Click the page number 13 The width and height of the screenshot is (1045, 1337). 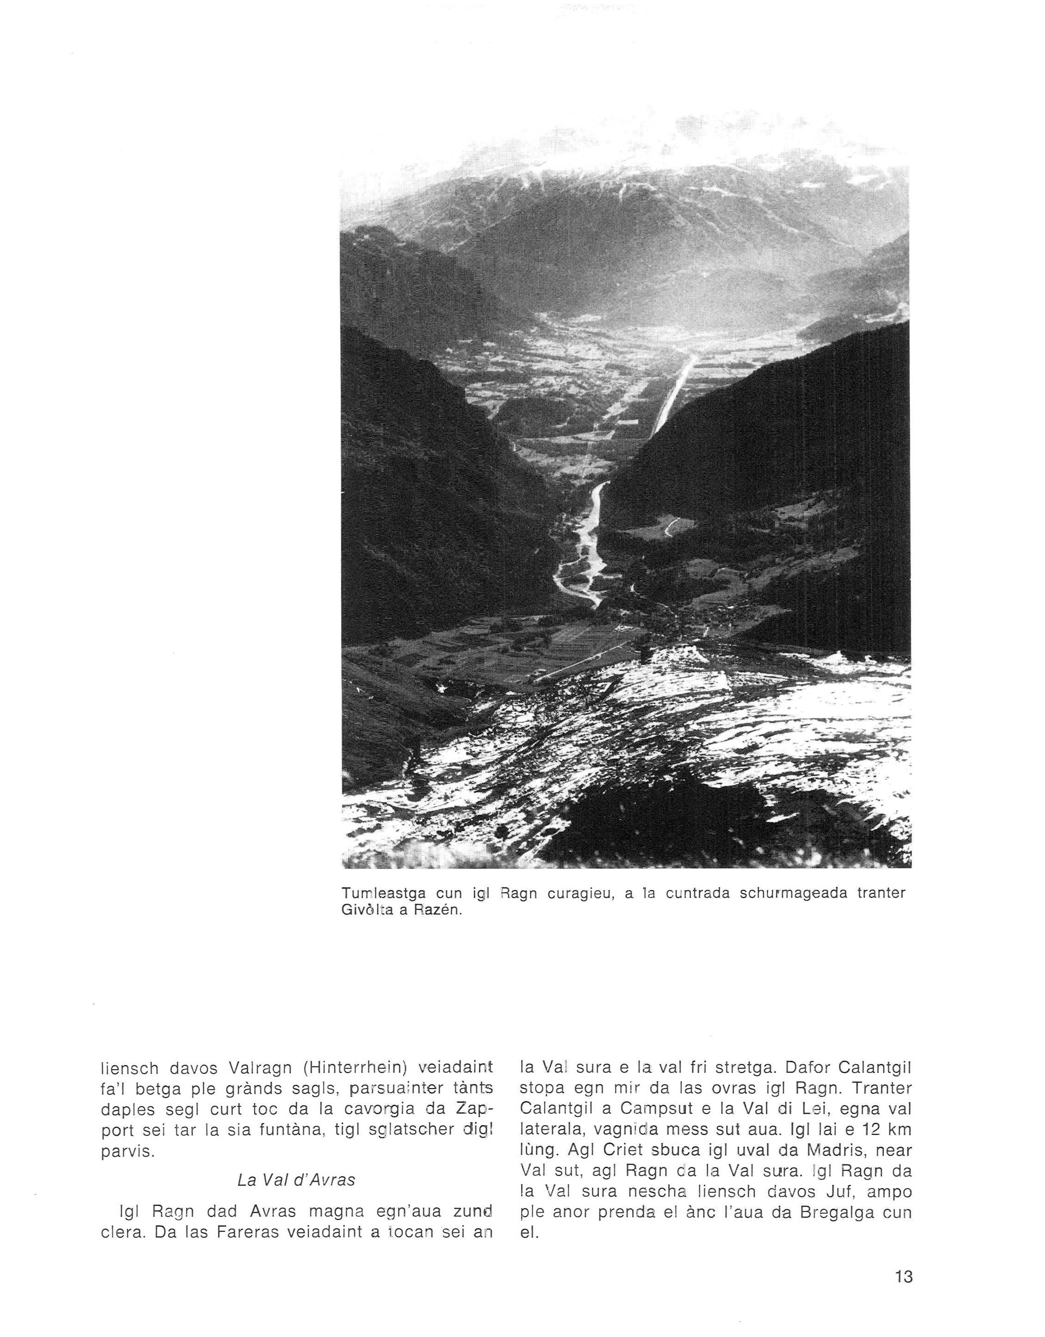coord(903,1276)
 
